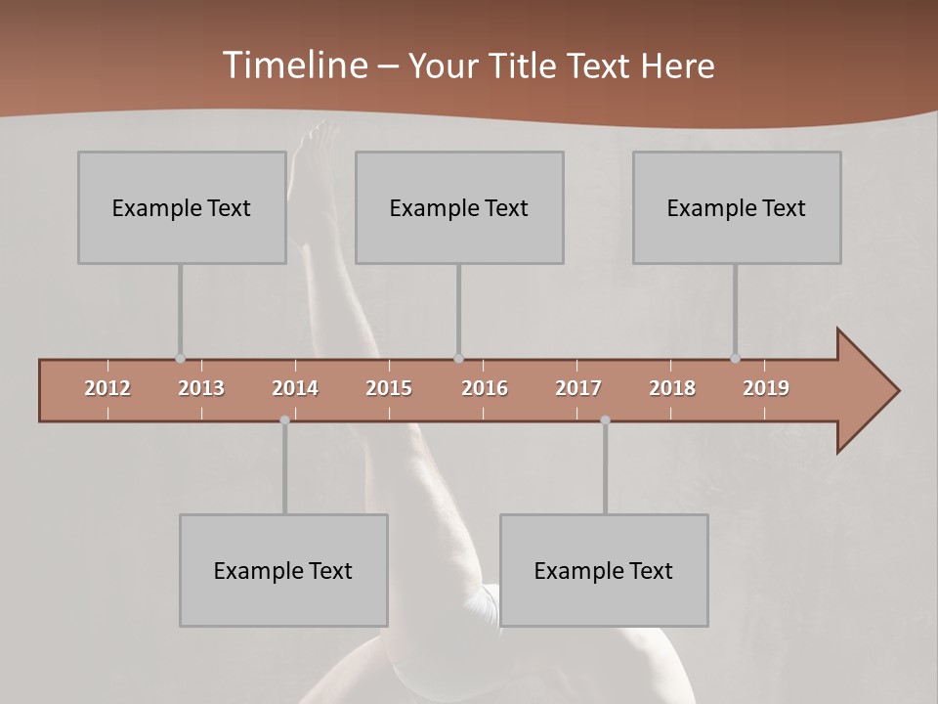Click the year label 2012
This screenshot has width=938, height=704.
(107, 388)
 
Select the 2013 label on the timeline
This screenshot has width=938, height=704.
(201, 388)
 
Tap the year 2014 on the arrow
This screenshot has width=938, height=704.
(295, 388)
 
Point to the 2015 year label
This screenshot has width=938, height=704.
(389, 388)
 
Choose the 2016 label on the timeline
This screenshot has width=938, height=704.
(485, 388)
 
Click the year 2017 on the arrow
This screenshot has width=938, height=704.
(578, 388)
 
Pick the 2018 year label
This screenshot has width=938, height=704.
(672, 388)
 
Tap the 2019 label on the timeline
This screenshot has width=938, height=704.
(766, 388)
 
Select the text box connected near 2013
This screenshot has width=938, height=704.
(182, 207)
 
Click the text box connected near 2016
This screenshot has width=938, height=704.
(459, 207)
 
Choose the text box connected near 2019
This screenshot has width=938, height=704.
(737, 207)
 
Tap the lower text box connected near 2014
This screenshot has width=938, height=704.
(283, 570)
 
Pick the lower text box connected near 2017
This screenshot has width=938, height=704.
(604, 570)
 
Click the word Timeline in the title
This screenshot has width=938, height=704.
(293, 66)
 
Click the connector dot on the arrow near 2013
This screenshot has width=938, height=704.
(180, 359)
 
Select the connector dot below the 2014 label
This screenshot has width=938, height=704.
(284, 420)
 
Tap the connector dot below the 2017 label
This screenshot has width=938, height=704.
(605, 420)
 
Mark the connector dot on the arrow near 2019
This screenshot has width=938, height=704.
(735, 359)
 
